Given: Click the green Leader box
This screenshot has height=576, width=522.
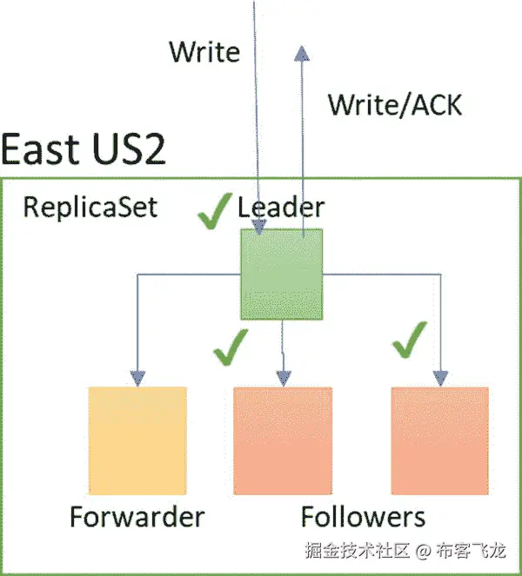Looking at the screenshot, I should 281,274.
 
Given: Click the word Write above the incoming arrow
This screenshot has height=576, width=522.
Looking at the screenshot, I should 204,52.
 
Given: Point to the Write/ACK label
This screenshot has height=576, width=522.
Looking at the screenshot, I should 394,105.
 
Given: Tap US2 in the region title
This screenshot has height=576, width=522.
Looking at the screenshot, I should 127,149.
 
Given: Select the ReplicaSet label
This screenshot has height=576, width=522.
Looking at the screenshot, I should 90,209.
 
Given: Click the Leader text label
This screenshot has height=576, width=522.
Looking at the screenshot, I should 280,208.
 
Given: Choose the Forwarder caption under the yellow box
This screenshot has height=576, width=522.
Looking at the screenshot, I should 137,517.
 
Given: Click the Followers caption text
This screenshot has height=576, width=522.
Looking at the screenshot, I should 363,517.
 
